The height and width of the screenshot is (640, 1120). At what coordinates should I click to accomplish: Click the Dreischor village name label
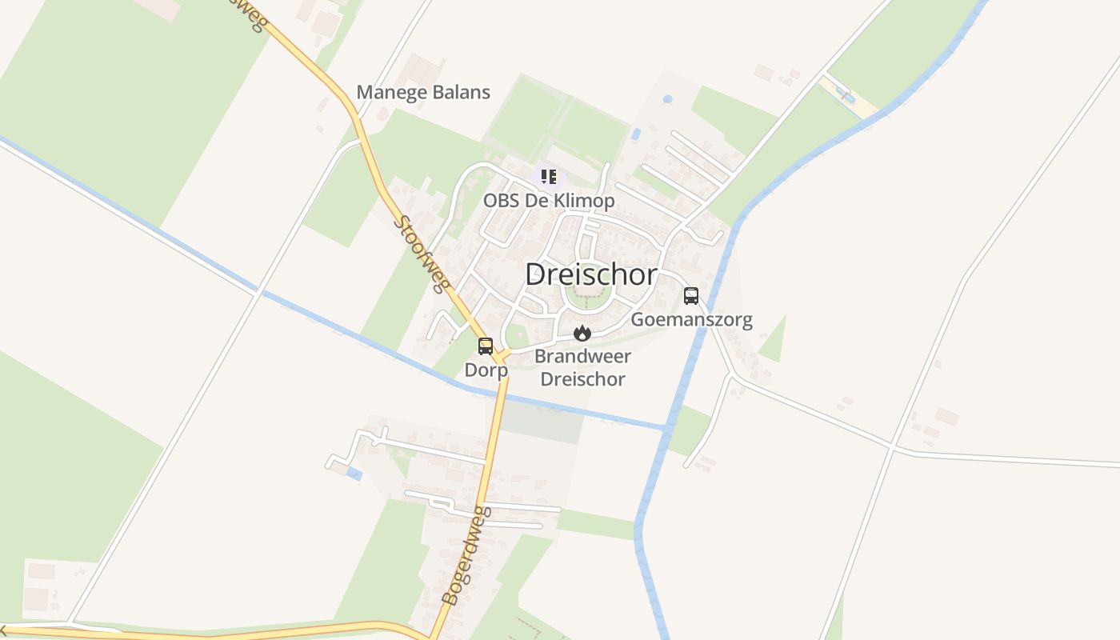click(591, 274)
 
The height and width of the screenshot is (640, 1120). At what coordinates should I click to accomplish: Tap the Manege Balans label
click(423, 92)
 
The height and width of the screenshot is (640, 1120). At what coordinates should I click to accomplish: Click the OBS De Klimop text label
click(549, 200)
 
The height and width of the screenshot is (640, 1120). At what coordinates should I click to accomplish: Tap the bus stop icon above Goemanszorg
click(691, 296)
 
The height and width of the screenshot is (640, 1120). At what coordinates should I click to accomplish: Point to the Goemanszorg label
click(692, 320)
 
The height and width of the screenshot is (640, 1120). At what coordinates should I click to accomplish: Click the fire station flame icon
click(582, 333)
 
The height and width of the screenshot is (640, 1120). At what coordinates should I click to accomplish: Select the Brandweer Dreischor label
click(582, 367)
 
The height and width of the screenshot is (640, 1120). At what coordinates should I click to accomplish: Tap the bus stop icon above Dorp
click(486, 346)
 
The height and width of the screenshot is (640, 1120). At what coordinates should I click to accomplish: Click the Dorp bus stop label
click(486, 370)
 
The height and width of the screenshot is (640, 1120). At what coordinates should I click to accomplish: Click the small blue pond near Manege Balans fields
click(636, 134)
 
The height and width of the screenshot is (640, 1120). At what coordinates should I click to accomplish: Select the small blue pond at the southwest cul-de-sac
click(354, 475)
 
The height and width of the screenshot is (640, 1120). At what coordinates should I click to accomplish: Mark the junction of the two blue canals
click(667, 430)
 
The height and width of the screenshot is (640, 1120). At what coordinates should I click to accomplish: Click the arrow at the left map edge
click(4, 630)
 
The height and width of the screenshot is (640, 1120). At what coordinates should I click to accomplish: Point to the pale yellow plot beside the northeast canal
click(849, 97)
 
